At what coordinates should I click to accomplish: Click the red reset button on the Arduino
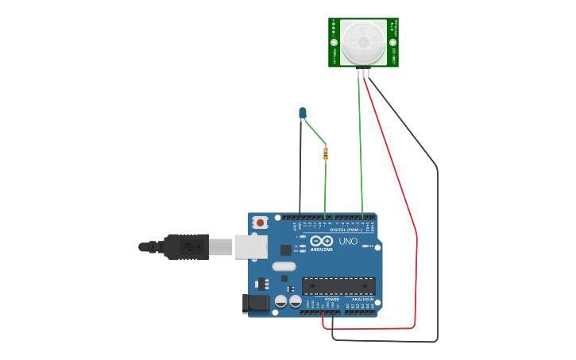(259, 223)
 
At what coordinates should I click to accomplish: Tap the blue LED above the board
(303, 113)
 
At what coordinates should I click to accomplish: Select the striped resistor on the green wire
(326, 153)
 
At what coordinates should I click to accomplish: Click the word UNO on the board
(348, 242)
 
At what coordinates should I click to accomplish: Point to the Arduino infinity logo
(322, 241)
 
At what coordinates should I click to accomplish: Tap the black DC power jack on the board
(255, 303)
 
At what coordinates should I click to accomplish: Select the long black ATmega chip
(338, 286)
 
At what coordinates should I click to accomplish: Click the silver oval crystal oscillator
(284, 266)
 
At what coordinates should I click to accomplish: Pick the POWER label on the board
(331, 300)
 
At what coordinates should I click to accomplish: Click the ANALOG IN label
(363, 300)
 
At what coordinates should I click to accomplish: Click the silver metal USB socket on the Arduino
(249, 246)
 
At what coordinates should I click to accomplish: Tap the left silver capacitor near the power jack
(280, 301)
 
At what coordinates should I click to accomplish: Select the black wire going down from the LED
(300, 167)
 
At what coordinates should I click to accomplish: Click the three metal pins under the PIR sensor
(363, 73)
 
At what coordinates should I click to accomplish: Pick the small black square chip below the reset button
(285, 250)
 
